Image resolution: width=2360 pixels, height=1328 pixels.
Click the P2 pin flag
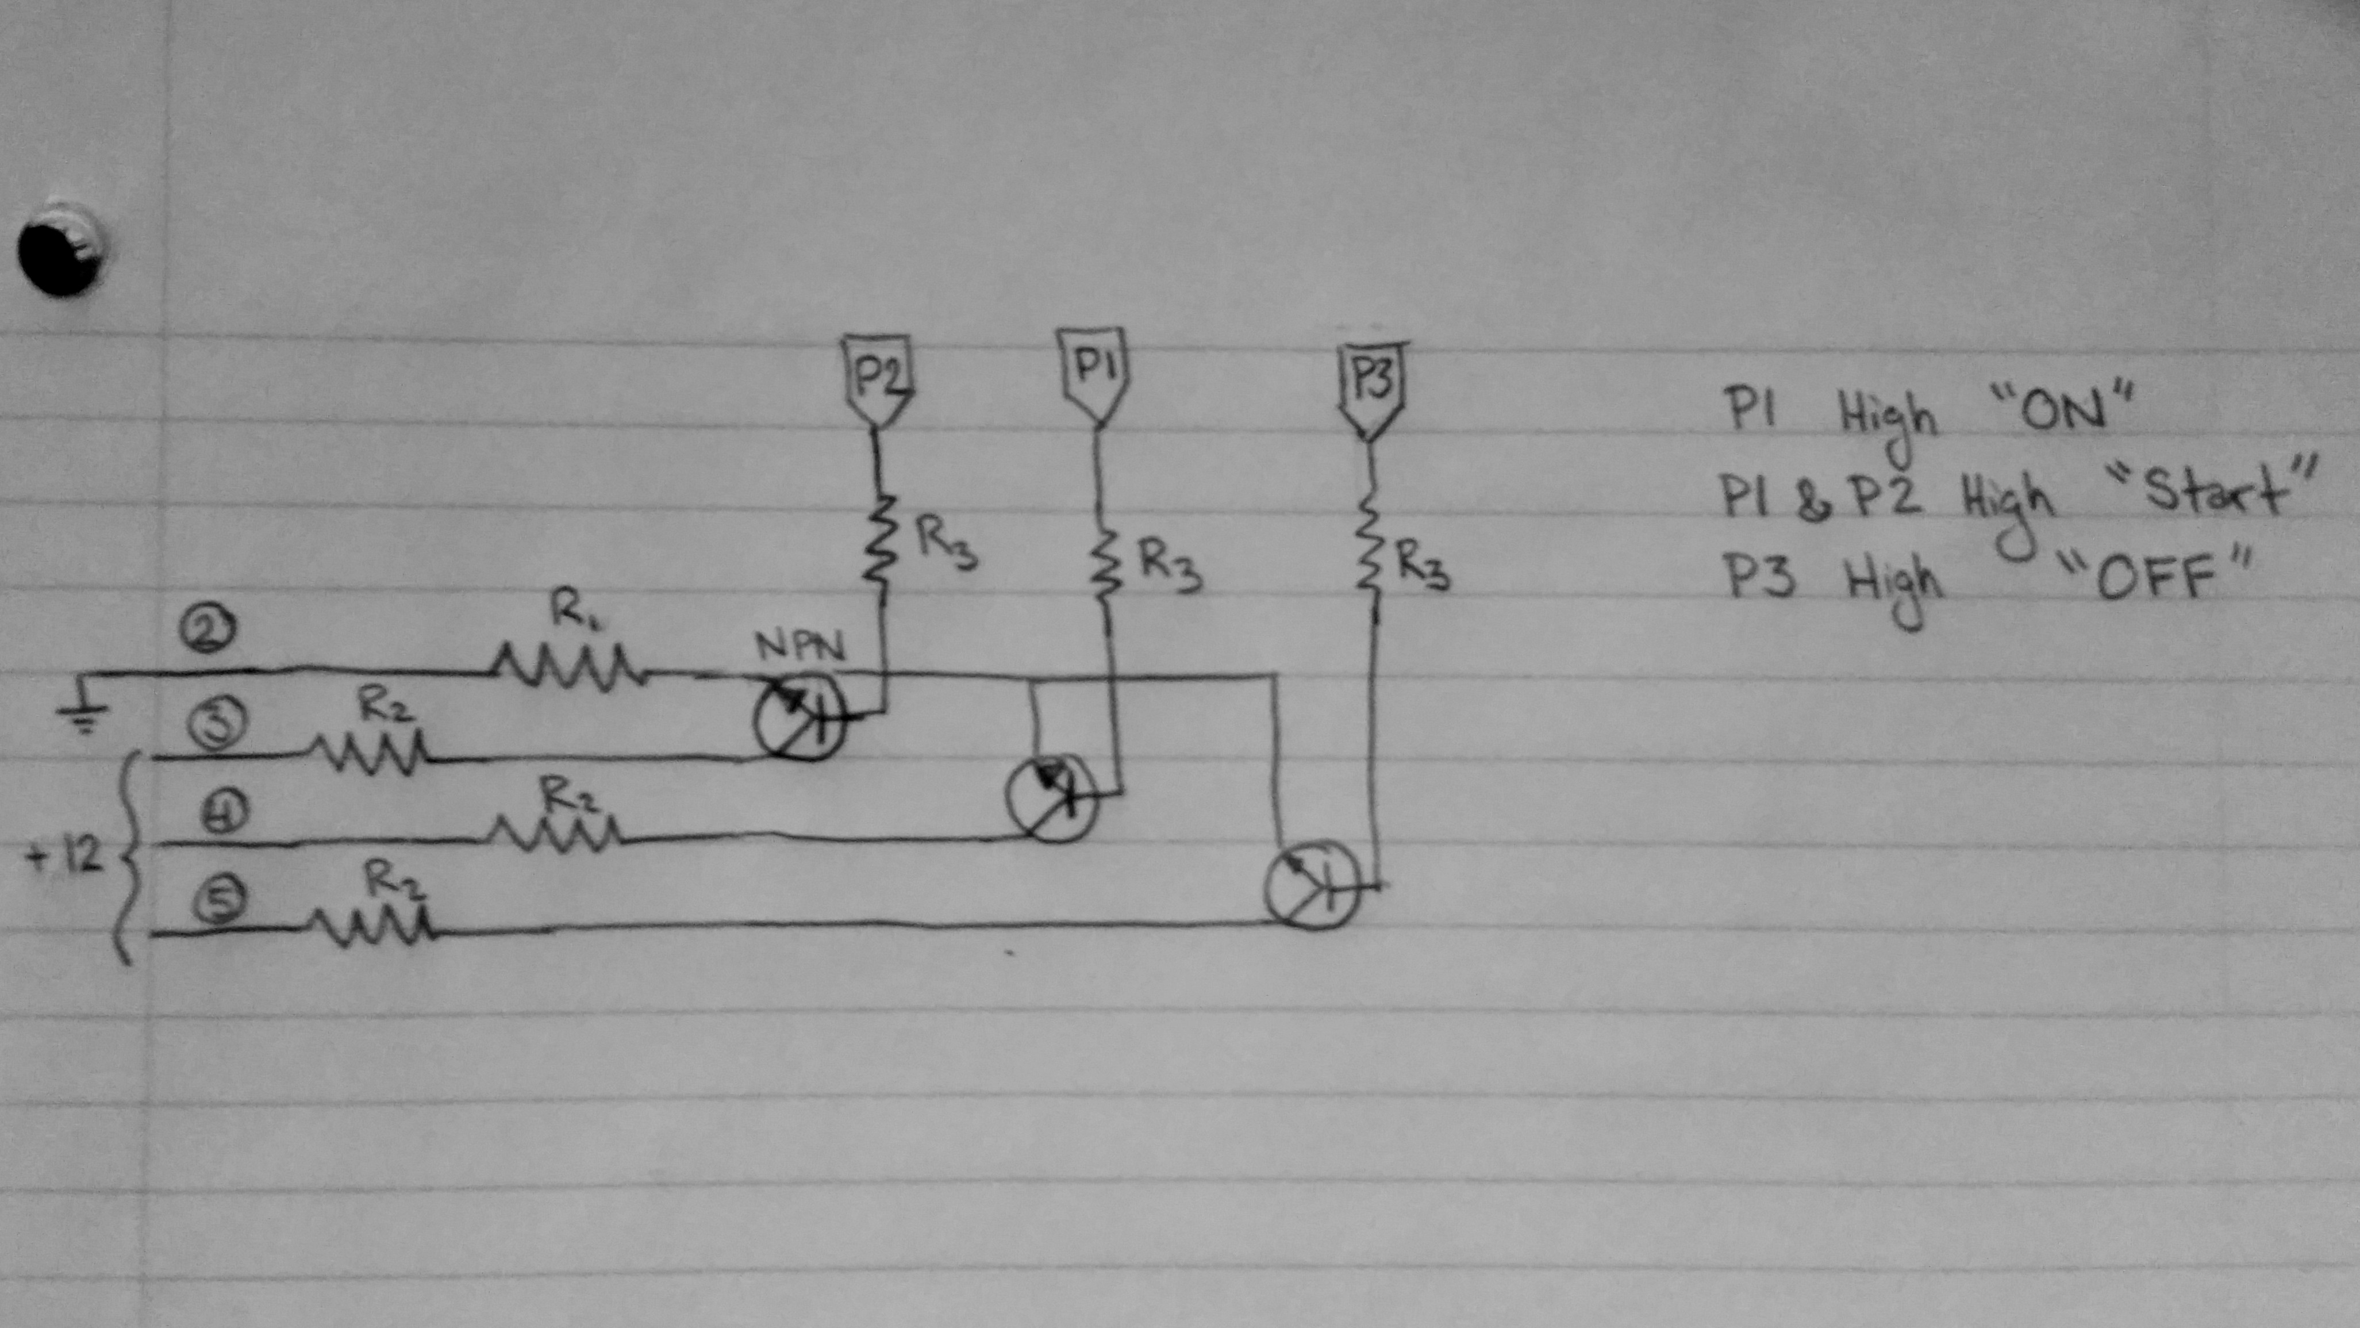point(876,381)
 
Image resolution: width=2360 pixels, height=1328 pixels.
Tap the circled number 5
point(218,902)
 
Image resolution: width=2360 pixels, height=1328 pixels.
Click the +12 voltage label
point(66,859)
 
